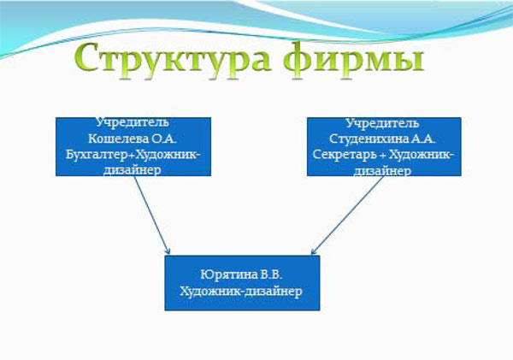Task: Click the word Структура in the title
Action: (173, 57)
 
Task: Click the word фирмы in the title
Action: (353, 57)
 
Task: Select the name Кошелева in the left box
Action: (118, 139)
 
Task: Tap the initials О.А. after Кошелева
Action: (164, 139)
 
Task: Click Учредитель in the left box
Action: (133, 123)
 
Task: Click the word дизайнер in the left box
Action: (133, 170)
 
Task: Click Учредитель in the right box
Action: (382, 123)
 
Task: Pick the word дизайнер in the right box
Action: (382, 170)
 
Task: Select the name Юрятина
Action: (229, 274)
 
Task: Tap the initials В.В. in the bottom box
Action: (272, 274)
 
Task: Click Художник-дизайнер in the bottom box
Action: (241, 291)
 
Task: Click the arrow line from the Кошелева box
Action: (152, 215)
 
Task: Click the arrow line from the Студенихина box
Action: (347, 215)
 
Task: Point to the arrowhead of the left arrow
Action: (168, 252)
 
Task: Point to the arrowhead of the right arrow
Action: (312, 252)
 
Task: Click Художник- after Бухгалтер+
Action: (168, 155)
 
